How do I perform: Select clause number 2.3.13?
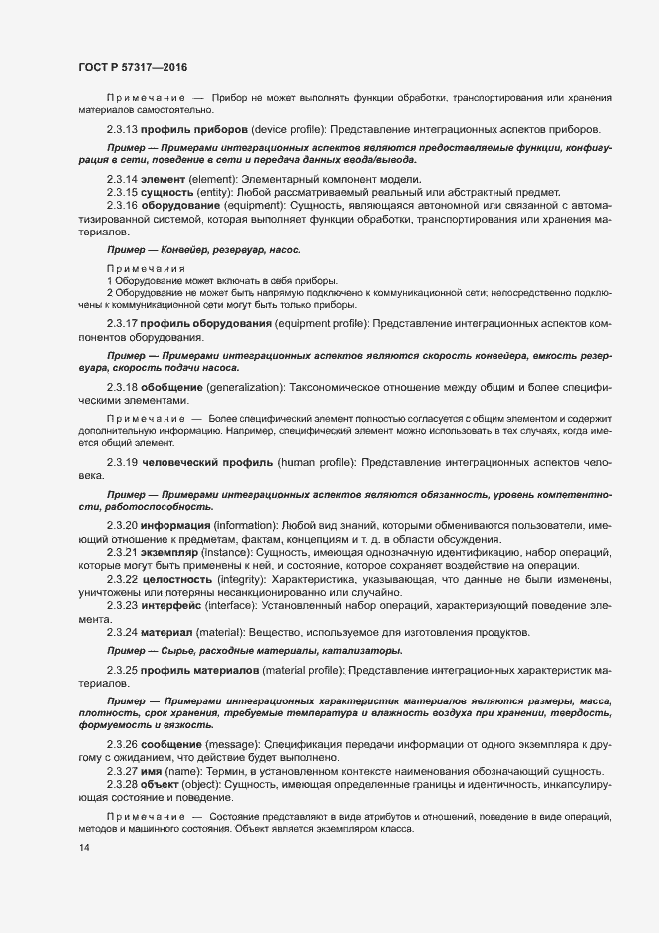click(122, 131)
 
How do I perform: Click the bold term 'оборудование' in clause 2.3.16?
click(185, 205)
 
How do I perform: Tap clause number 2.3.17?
click(122, 325)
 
